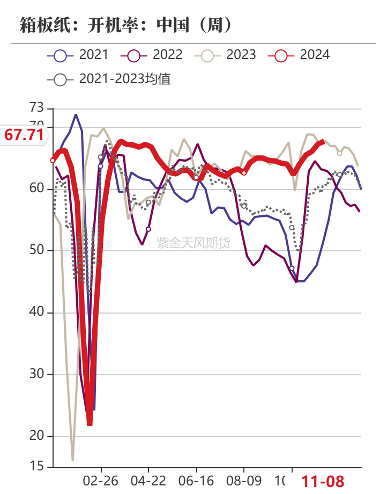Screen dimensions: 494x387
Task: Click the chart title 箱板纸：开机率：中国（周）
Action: pyautogui.click(x=126, y=24)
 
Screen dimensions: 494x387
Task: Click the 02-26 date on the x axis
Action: pyautogui.click(x=101, y=480)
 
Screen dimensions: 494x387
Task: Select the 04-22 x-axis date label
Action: pyautogui.click(x=148, y=480)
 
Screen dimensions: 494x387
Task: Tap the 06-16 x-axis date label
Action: pyautogui.click(x=196, y=480)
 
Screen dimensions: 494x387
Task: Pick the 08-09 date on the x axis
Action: pyautogui.click(x=244, y=480)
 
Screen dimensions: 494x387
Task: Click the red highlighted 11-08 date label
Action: pyautogui.click(x=323, y=481)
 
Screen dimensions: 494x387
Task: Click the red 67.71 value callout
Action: pyautogui.click(x=24, y=135)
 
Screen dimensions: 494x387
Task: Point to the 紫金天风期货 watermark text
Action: pyautogui.click(x=193, y=243)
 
